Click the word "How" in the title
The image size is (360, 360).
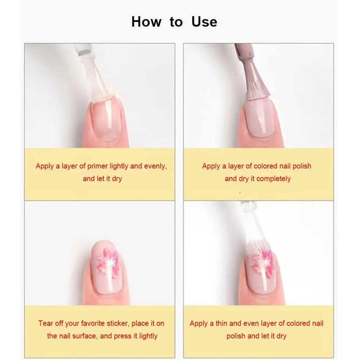pos(146,22)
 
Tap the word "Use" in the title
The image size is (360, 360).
pos(204,22)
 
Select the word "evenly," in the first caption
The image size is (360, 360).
pos(156,166)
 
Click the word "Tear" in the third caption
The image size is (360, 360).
pos(45,323)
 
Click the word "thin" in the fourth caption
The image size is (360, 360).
pos(221,323)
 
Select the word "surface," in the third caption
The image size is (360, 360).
pos(85,336)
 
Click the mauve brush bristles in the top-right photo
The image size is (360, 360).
pos(256,90)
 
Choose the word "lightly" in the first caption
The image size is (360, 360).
pos(119,166)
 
